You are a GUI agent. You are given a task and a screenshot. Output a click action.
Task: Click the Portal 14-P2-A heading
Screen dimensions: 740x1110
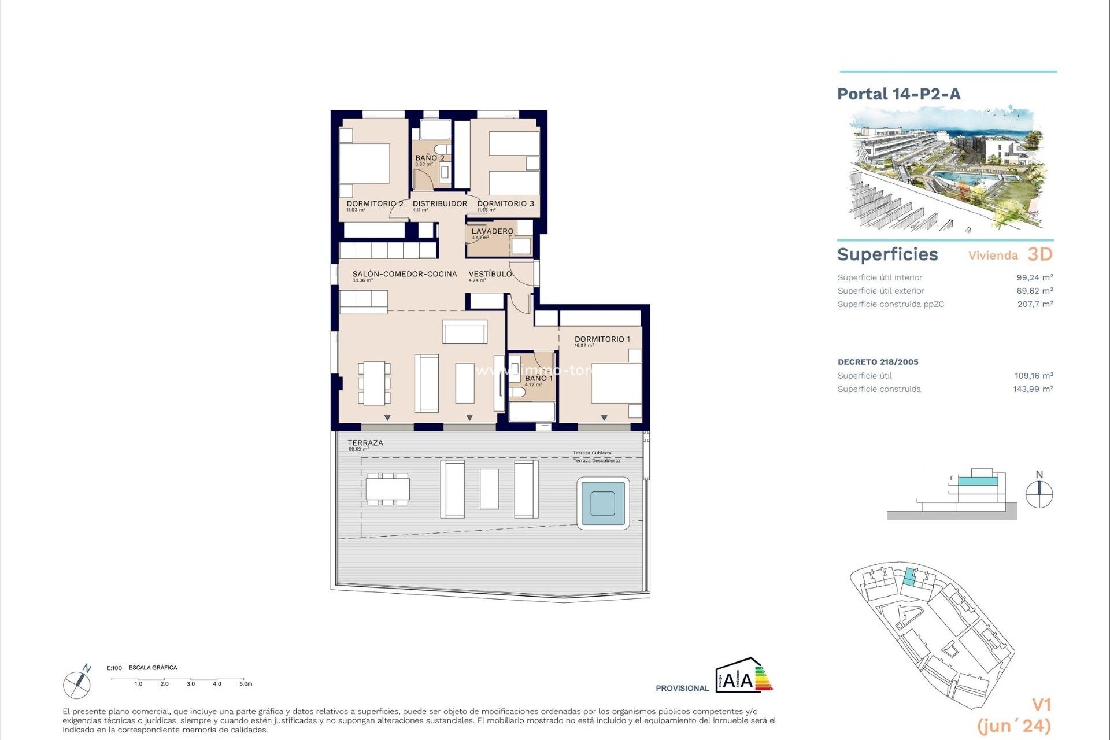898,94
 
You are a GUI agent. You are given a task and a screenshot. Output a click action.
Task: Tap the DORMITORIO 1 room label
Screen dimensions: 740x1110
602,339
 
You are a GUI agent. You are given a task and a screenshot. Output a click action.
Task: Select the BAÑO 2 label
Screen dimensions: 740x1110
430,158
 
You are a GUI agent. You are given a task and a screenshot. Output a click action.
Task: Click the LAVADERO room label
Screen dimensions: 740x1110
492,231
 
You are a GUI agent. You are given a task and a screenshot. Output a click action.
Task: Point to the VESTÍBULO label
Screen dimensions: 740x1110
490,274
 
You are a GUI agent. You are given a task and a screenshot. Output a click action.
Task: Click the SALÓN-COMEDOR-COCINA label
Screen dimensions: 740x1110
404,274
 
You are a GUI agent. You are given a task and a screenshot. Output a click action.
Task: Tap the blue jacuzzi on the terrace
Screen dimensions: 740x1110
602,503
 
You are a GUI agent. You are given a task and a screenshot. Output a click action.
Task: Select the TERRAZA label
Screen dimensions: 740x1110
365,443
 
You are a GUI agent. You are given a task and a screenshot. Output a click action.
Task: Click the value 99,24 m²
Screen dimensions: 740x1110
1034,277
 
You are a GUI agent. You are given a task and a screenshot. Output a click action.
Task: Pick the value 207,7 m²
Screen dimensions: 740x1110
1035,304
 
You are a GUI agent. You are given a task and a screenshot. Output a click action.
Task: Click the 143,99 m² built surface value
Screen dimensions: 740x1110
1033,389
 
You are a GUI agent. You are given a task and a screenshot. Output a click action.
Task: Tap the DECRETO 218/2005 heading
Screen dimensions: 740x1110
878,362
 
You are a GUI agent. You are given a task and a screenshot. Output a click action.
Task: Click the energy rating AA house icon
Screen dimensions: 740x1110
742,675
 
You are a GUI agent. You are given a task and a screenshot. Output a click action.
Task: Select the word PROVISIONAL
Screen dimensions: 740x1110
682,688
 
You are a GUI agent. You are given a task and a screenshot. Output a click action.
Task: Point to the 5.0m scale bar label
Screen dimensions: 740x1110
246,684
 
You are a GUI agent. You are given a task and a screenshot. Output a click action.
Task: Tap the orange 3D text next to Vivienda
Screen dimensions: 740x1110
1039,254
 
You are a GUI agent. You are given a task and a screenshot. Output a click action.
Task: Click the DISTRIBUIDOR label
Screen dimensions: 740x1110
439,203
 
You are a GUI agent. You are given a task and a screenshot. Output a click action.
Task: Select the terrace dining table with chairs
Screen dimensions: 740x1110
387,489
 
